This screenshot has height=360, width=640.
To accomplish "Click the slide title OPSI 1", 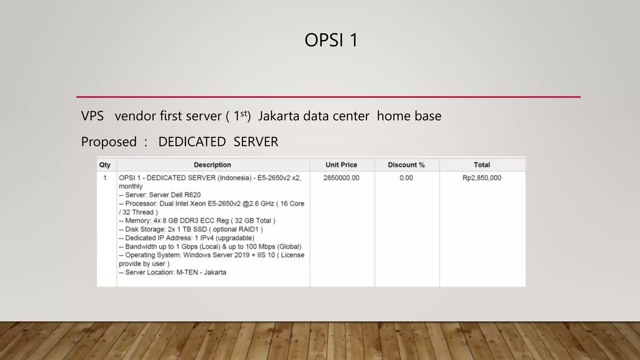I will point(331,40).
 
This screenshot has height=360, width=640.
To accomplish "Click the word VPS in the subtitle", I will point(92,116).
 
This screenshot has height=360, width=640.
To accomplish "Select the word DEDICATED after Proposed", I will point(192,142).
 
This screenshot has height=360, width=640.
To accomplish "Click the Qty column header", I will point(105,165).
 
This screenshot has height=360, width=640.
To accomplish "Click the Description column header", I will point(212,165).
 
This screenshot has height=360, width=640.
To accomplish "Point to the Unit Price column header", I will point(341,165).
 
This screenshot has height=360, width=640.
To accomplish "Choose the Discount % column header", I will point(406,165).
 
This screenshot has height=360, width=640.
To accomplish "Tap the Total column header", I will point(482,165).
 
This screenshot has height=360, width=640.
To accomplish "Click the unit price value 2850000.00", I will point(341,178).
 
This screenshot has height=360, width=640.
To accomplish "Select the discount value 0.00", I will point(406,178).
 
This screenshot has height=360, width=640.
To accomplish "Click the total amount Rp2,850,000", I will point(482,178).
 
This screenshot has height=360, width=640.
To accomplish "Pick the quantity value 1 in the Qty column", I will point(105,178).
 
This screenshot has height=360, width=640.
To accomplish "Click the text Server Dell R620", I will point(175,195).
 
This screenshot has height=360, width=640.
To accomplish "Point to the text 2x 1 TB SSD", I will point(187,229).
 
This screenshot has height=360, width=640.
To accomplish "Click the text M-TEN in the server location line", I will point(187,272).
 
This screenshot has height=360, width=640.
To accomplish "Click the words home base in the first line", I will point(409,116).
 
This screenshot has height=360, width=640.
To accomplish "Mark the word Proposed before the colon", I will point(109,142).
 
